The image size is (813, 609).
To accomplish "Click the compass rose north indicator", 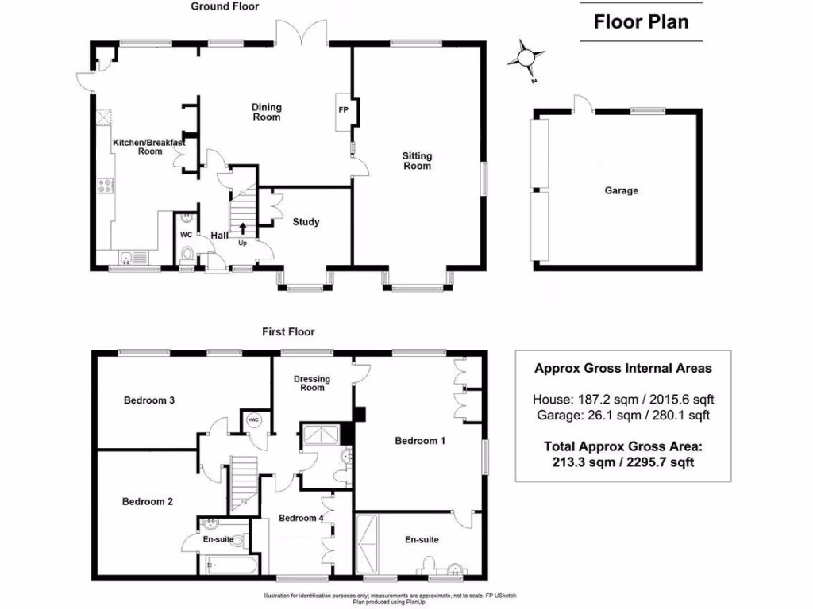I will pyautogui.click(x=526, y=57).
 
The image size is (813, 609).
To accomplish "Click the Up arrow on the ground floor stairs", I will pyautogui.click(x=242, y=230).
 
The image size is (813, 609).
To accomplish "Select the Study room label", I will pyautogui.click(x=306, y=222).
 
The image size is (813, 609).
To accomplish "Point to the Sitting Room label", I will pyautogui.click(x=417, y=161).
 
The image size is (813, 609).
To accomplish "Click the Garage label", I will pyautogui.click(x=621, y=190).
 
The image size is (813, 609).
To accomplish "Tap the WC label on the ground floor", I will pyautogui.click(x=186, y=235).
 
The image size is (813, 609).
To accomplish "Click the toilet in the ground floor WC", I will pyautogui.click(x=187, y=254).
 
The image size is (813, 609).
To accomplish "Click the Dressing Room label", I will pyautogui.click(x=312, y=383).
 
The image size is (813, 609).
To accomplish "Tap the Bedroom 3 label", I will pyautogui.click(x=149, y=400).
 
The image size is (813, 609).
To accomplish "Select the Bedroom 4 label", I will pyautogui.click(x=301, y=518).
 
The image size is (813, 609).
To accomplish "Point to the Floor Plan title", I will pyautogui.click(x=642, y=21).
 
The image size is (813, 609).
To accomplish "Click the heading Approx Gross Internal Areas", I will pyautogui.click(x=622, y=368).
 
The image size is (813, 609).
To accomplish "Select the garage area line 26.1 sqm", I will pyautogui.click(x=622, y=415).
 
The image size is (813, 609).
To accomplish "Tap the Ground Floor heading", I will pyautogui.click(x=225, y=6).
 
